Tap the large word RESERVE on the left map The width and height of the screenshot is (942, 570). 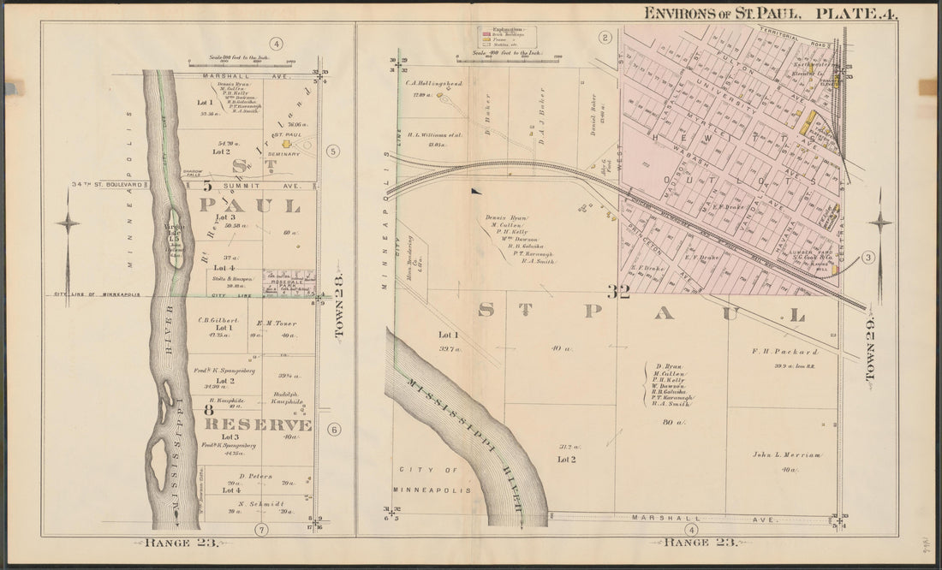click(x=257, y=425)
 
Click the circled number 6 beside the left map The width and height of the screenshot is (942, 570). click(x=334, y=430)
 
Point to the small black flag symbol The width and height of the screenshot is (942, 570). click(x=474, y=191)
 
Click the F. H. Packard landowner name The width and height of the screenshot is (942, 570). click(x=773, y=352)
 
